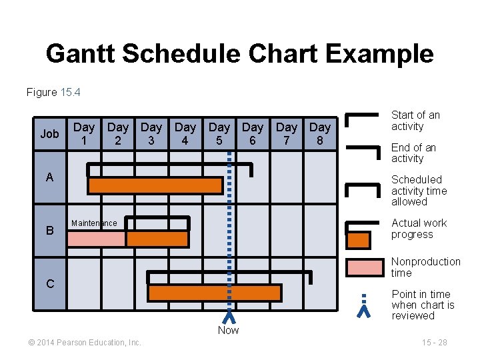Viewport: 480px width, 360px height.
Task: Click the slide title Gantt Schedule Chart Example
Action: coord(239,54)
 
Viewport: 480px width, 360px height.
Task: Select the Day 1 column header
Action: coord(84,133)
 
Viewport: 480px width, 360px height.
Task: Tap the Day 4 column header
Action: coord(185,133)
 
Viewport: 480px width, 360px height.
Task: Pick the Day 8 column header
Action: coord(320,133)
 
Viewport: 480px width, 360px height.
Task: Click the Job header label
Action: coord(49,134)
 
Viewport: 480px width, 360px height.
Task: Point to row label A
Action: coord(49,177)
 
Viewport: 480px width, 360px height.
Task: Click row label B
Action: coord(49,231)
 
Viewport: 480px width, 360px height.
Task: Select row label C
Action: coord(50,283)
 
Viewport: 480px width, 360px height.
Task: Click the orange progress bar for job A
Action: coord(155,185)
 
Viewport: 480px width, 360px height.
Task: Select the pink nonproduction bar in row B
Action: coord(96,239)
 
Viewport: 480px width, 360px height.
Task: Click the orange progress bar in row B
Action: coord(157,239)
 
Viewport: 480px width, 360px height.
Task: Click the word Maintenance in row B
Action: coord(94,223)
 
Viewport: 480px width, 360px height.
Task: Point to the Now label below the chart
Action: coord(228,330)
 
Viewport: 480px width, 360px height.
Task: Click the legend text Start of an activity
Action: coord(415,121)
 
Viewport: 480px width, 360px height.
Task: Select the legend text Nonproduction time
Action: coord(425,267)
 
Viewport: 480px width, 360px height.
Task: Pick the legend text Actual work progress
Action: coord(419,229)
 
